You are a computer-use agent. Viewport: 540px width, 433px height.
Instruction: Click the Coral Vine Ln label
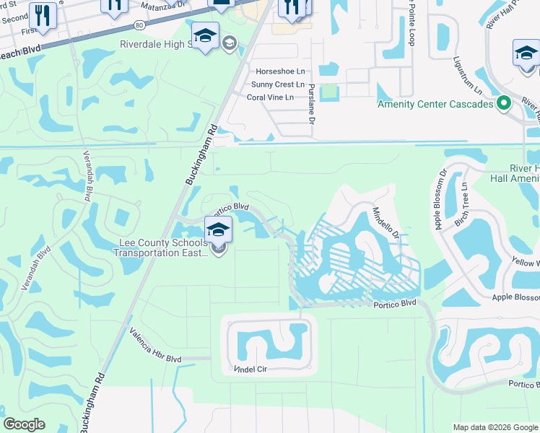[x=271, y=97]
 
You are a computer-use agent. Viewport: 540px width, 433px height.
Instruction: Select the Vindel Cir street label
[x=251, y=368]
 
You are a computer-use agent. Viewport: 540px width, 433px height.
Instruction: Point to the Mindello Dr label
[x=386, y=223]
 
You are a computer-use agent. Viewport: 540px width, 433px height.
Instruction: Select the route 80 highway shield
[x=139, y=25]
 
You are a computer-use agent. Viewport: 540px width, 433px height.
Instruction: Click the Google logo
[x=25, y=424]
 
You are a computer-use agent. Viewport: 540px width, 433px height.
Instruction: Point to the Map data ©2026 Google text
[x=495, y=427]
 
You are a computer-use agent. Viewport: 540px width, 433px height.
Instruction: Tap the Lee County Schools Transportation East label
[x=160, y=248]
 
